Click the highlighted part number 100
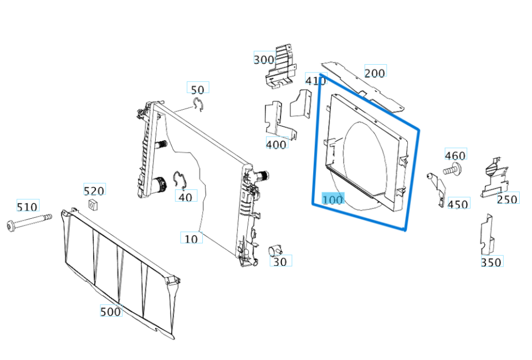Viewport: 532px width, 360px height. click(333, 199)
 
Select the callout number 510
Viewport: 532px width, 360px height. click(28, 206)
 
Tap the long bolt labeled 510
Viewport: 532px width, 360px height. click(29, 222)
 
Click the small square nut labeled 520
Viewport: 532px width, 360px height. click(92, 205)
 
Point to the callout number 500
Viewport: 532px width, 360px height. click(111, 311)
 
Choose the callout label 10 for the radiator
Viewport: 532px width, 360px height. click(191, 239)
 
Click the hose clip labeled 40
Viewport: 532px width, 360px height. click(180, 179)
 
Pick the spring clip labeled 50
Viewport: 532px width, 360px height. click(198, 104)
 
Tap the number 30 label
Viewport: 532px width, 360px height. click(280, 261)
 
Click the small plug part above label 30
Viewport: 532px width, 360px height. click(275, 250)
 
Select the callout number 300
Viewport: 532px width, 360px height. click(264, 59)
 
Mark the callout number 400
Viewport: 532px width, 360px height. click(277, 144)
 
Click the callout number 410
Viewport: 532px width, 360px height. click(315, 80)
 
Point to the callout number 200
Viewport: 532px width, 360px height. click(375, 73)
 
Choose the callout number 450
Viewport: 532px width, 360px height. click(458, 204)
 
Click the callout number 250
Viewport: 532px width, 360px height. click(508, 199)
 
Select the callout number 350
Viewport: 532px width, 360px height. click(492, 262)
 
